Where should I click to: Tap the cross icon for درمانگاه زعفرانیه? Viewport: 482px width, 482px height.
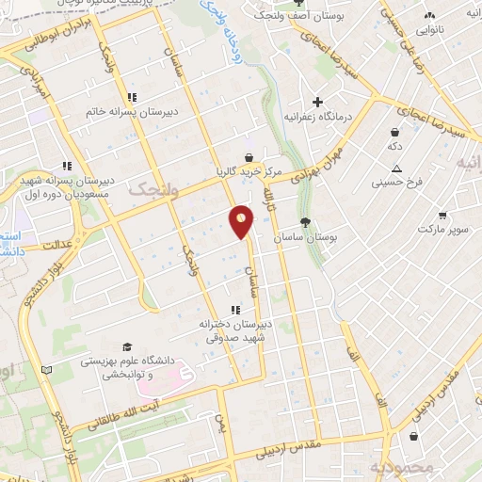tap(318, 102)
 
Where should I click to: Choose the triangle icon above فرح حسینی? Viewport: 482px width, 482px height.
tap(398, 168)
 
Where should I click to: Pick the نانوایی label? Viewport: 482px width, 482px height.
tap(430, 29)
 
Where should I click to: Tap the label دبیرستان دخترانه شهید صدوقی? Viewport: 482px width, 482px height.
tap(234, 328)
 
